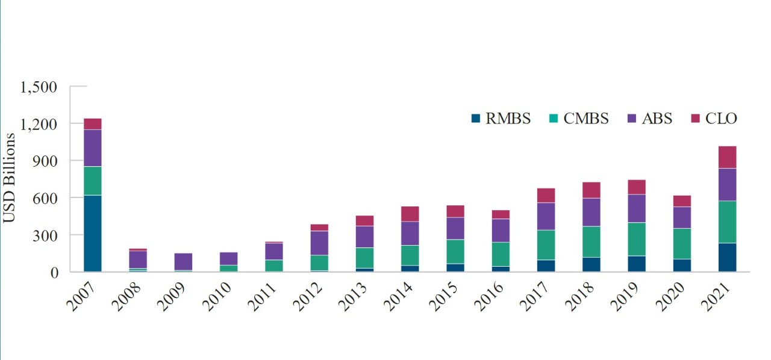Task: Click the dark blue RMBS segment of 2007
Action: point(92,234)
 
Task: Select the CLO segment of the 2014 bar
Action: point(410,214)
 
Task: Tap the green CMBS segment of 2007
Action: point(92,181)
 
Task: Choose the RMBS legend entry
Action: point(500,119)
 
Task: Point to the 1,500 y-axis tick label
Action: point(39,87)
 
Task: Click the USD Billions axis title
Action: point(9,179)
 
